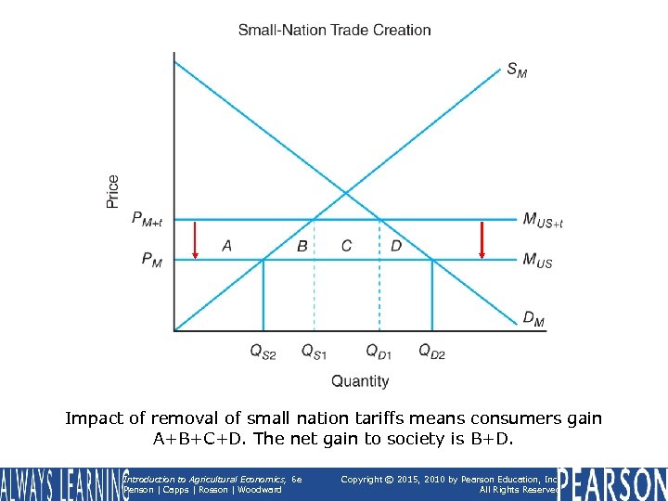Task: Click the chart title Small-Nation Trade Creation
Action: point(334,30)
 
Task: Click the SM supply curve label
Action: point(517,70)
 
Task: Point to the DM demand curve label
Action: point(533,320)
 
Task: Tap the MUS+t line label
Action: point(543,221)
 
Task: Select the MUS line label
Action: point(537,262)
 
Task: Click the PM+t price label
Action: point(147,220)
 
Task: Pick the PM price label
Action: point(152,261)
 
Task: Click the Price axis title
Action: point(113,191)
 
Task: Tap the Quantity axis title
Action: point(360,380)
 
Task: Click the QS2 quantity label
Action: point(263,351)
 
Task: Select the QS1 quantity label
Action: point(314,351)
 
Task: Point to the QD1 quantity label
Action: point(379,351)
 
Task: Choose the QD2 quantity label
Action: point(431,351)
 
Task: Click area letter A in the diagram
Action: point(226,246)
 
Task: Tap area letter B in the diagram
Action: point(302,246)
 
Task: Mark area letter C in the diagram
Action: point(346,246)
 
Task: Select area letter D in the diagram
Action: point(396,246)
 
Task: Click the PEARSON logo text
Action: point(612,484)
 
